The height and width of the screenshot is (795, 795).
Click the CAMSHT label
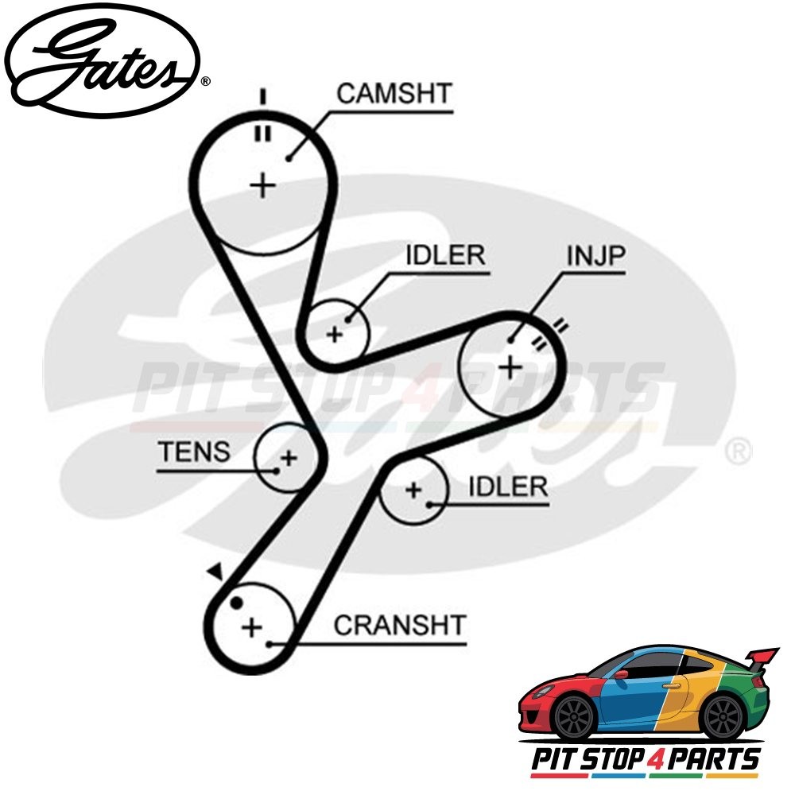click(x=393, y=93)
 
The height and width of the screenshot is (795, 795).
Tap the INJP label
click(x=596, y=256)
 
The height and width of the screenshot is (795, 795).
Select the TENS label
click(x=194, y=452)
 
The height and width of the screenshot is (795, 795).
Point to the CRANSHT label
click(x=399, y=625)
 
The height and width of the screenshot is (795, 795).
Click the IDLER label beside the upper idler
click(x=444, y=256)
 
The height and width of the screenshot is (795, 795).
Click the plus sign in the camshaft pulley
click(x=262, y=186)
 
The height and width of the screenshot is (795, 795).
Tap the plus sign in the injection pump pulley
click(x=510, y=367)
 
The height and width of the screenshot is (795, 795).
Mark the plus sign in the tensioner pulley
click(x=289, y=458)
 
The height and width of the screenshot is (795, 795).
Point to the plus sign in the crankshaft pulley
click(x=252, y=627)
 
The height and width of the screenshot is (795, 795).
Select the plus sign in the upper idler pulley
click(x=335, y=334)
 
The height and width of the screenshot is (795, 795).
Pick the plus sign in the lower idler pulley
click(x=413, y=490)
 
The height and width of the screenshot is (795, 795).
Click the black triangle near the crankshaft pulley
click(x=214, y=571)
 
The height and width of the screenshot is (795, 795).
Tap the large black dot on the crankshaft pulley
click(x=235, y=603)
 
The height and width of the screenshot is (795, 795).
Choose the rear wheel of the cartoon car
click(x=723, y=715)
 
